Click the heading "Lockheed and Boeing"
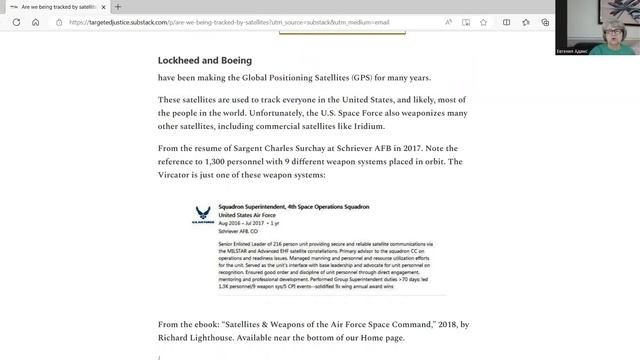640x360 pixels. pos(197,60)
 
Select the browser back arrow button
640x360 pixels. pos(13,21)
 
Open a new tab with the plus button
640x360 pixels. pos(119,7)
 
